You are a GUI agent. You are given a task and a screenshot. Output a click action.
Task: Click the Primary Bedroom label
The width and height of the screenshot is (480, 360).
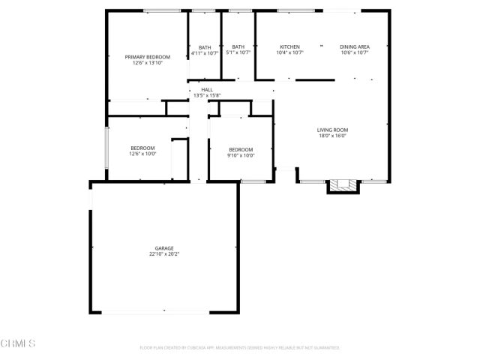point(147,57)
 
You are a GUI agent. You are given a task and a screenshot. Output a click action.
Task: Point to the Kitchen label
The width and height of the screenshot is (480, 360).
point(290,46)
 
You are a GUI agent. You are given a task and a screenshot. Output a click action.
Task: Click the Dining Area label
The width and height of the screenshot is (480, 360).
point(354,46)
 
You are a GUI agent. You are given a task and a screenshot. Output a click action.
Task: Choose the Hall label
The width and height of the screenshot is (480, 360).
point(206,89)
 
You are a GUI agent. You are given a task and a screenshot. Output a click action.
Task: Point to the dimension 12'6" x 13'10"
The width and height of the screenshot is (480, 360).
point(147,64)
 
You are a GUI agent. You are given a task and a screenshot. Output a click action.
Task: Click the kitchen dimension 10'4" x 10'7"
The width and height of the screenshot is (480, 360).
point(290,53)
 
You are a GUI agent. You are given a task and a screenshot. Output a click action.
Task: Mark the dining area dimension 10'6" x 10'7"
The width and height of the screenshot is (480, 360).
point(354,53)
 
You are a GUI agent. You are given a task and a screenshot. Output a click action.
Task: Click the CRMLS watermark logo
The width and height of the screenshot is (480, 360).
point(19,343)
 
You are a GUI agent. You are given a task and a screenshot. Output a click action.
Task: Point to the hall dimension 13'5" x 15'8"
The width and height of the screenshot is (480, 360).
point(206,96)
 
